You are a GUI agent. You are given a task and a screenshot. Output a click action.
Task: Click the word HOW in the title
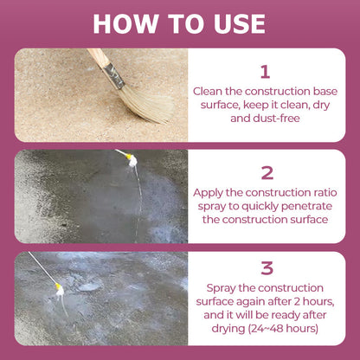pyautogui.click(x=125, y=23)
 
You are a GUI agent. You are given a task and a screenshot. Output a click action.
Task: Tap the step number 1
pyautogui.click(x=265, y=72)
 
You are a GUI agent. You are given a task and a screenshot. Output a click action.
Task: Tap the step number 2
pyautogui.click(x=267, y=173)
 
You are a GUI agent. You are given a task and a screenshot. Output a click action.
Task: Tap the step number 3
pyautogui.click(x=267, y=268)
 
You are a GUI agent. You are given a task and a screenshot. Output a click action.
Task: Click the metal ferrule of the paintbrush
pyautogui.click(x=114, y=76)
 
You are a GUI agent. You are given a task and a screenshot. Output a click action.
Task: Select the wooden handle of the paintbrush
pyautogui.click(x=99, y=57)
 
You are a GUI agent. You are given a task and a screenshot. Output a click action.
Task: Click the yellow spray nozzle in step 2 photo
pyautogui.click(x=128, y=157)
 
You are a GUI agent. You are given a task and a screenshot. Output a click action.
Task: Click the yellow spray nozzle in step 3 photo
pyautogui.click(x=58, y=286)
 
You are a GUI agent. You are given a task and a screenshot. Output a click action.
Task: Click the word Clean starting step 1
pyautogui.click(x=208, y=92)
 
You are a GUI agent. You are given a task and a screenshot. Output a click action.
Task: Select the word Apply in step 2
pyautogui.click(x=208, y=193)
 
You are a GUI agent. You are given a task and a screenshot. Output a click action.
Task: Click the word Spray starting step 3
pyautogui.click(x=221, y=288)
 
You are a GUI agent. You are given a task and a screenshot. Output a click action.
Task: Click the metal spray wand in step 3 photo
pyautogui.click(x=42, y=267)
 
